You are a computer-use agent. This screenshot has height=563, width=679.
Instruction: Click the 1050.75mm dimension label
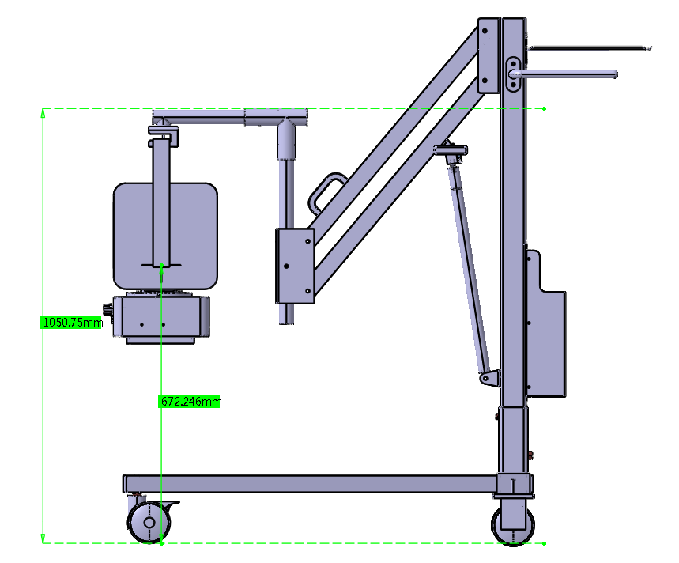coord(72,322)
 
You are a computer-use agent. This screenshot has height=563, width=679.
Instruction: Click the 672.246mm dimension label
coord(190,402)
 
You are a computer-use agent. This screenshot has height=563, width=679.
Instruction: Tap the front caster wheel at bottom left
coord(149,522)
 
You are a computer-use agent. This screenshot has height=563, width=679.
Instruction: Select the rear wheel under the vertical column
coord(513,524)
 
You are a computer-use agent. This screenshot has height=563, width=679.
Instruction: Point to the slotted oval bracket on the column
coord(513,74)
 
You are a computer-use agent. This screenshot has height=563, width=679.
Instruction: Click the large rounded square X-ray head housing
coord(165,236)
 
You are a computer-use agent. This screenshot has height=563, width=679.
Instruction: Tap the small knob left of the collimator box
coord(107,310)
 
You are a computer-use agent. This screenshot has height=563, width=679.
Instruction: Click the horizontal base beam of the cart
coord(310,484)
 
